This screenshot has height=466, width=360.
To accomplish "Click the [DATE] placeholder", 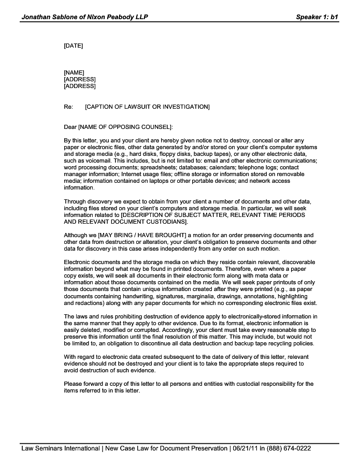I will [x=73, y=46].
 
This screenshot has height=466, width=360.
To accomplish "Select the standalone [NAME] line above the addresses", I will [x=74, y=72].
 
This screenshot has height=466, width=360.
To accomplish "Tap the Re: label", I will [x=68, y=107].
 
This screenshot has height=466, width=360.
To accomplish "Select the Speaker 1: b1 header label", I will [x=317, y=17].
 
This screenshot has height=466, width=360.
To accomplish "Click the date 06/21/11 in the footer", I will [x=246, y=448].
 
